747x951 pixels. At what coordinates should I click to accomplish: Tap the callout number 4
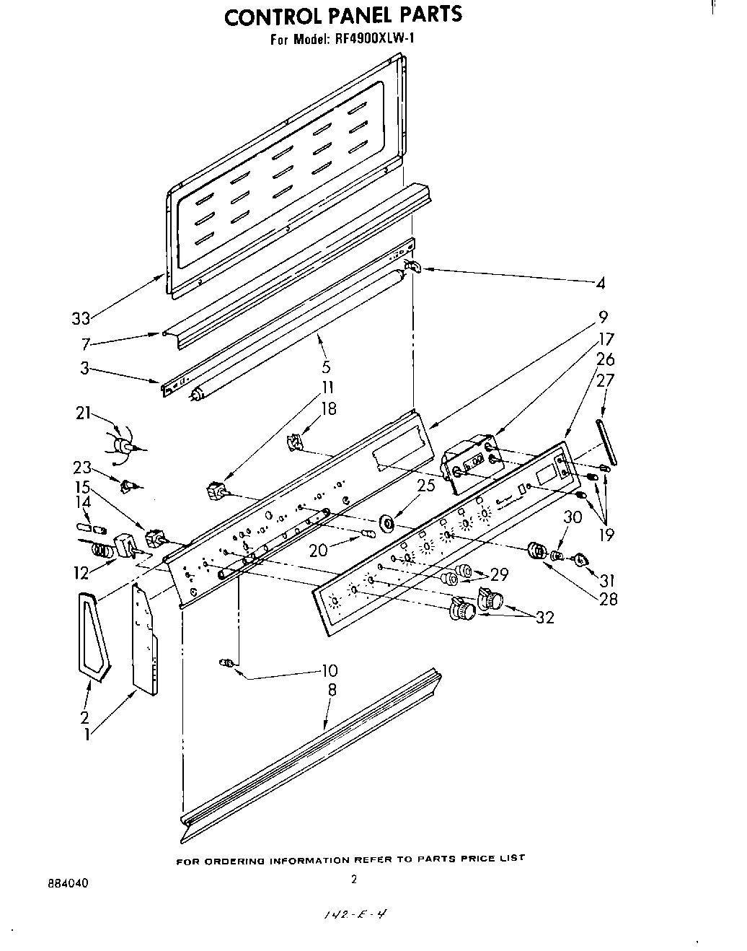point(600,284)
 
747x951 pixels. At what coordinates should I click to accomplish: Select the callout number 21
point(84,413)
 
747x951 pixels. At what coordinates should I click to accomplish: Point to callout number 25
point(425,485)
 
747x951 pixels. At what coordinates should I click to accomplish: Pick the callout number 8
point(332,689)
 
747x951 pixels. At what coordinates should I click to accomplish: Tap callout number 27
point(606,380)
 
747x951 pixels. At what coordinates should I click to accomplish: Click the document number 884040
point(65,882)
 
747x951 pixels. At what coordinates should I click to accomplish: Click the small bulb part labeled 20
point(368,535)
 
